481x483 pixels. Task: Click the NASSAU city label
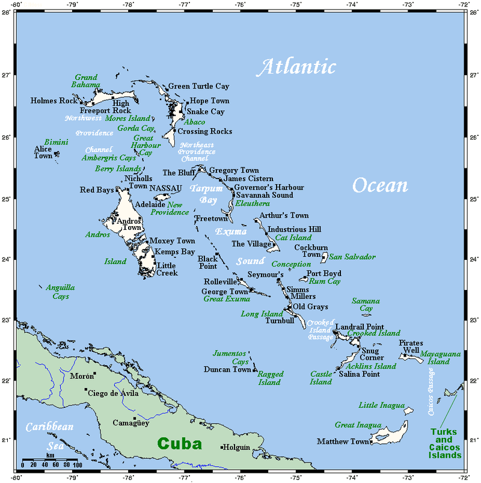[x=165, y=188]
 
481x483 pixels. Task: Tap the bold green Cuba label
[x=180, y=444]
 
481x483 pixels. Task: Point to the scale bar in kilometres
[x=50, y=460]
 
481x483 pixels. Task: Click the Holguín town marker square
[x=222, y=447]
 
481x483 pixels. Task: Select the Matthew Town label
[x=343, y=441]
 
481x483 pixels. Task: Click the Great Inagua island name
[x=358, y=425]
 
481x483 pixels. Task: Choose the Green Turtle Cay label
[x=198, y=87]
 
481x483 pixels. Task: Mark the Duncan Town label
[x=227, y=369]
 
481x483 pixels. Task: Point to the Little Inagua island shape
[x=408, y=411]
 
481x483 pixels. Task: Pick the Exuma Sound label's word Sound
[x=250, y=261]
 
